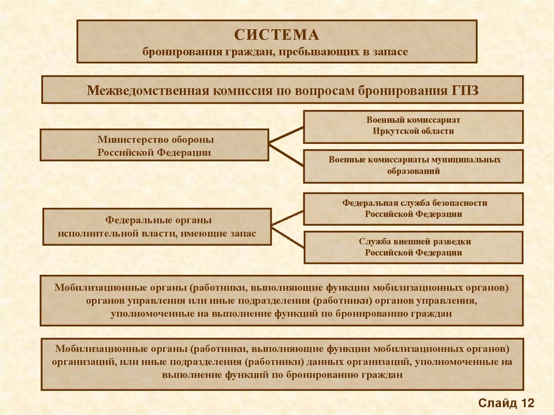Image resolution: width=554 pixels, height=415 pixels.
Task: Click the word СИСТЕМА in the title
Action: click(x=276, y=35)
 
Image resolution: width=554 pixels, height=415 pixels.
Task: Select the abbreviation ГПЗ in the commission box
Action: click(x=465, y=89)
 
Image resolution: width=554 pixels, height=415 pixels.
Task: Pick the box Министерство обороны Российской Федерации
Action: click(x=154, y=145)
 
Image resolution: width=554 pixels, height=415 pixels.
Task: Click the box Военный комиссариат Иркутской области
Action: click(x=413, y=126)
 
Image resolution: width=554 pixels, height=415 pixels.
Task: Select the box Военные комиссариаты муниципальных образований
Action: click(x=413, y=166)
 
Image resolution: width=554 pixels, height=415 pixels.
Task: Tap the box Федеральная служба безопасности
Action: click(x=413, y=208)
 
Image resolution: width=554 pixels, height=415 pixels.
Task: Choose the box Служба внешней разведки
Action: click(x=413, y=247)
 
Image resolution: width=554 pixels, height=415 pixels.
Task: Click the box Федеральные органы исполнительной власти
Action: click(x=156, y=227)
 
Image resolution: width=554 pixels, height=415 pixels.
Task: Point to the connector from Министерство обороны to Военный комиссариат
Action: click(x=286, y=134)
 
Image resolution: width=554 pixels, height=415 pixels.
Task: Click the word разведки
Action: click(x=451, y=241)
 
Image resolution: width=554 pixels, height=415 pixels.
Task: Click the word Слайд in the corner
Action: click(x=496, y=403)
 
